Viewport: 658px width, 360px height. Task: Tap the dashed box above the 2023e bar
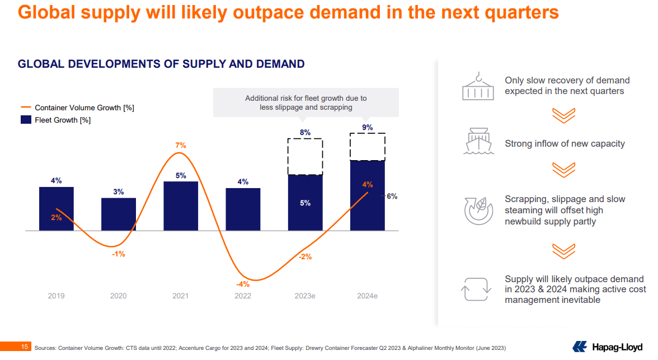(x=305, y=156)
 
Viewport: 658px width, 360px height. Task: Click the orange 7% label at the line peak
(x=180, y=146)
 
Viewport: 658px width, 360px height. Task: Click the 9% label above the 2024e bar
(x=367, y=128)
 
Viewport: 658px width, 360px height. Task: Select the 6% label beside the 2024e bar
(x=392, y=196)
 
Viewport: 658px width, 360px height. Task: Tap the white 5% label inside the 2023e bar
(x=305, y=203)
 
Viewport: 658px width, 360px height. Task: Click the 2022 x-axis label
(x=242, y=296)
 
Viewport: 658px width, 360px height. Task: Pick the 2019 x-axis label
(x=56, y=296)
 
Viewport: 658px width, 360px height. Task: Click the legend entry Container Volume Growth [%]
(x=84, y=107)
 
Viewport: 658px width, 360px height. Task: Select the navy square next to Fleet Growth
(x=26, y=120)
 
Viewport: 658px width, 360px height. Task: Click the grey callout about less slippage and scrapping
(x=305, y=102)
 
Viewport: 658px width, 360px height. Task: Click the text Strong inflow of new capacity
(x=564, y=144)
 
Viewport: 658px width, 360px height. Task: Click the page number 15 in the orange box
(x=25, y=347)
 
